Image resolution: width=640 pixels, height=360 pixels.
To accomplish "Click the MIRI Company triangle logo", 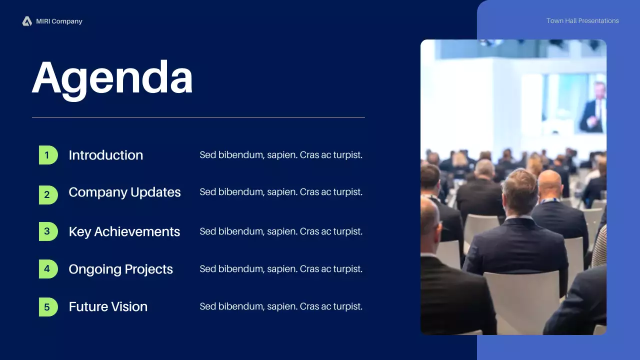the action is click(27, 21).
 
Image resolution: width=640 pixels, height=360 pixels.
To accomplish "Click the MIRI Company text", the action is click(59, 21).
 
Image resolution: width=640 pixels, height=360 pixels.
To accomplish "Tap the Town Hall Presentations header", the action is click(582, 21).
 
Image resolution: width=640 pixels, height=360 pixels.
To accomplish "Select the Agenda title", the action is click(112, 78).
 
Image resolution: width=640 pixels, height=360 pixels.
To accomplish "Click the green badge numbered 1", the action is click(48, 155).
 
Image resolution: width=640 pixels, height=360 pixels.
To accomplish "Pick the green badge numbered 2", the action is click(48, 195).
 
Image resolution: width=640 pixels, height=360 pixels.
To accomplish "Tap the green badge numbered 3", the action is click(48, 231).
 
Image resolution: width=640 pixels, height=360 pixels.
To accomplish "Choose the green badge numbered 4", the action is click(48, 269).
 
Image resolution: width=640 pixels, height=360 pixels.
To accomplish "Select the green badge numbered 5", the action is click(48, 307).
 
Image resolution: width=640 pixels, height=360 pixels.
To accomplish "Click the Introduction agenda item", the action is click(105, 155).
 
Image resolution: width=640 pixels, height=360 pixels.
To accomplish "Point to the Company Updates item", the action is click(124, 192).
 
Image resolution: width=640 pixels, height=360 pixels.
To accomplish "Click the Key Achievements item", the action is click(124, 231).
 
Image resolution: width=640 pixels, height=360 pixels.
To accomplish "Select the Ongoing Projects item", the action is click(121, 269).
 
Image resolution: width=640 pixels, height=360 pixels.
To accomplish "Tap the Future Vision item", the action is click(108, 307).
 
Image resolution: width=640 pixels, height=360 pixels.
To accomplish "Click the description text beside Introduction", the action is click(281, 155).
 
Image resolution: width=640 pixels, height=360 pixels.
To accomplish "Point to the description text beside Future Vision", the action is click(281, 306).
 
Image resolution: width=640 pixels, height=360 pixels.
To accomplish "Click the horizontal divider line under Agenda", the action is click(198, 117).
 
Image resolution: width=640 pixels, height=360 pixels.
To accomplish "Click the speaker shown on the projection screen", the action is click(593, 108).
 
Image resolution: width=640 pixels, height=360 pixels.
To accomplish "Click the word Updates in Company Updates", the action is click(155, 192).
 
